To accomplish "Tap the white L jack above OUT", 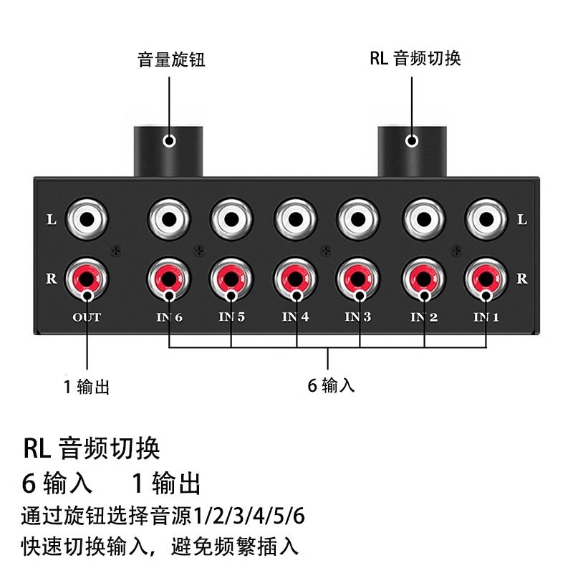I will pos(87,218).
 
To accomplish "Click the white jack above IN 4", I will pos(295,218).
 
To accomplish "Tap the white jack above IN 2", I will pos(423,218).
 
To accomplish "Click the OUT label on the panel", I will pos(87,317).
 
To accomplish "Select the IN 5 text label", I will pos(231,317).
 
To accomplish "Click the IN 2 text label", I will pos(423,317).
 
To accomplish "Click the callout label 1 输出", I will pos(87,387).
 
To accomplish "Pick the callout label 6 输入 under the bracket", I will pos(331,385).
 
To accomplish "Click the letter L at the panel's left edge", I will pos(51,220).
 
